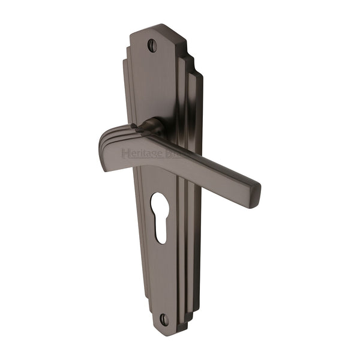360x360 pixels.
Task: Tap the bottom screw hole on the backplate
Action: pos(164,318)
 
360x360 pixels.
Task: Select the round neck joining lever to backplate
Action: pos(150,128)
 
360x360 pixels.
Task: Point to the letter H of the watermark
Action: pos(125,154)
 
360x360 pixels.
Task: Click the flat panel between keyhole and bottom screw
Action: pos(163,276)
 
